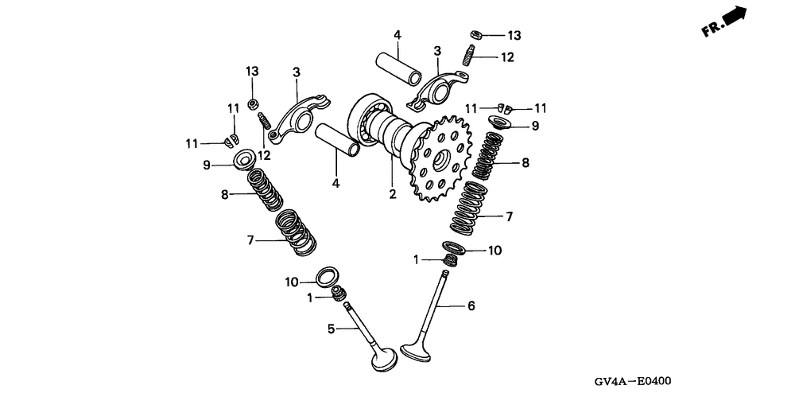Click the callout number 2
tap(392, 193)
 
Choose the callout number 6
tap(471, 306)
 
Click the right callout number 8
tap(525, 163)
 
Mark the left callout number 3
tap(296, 73)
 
